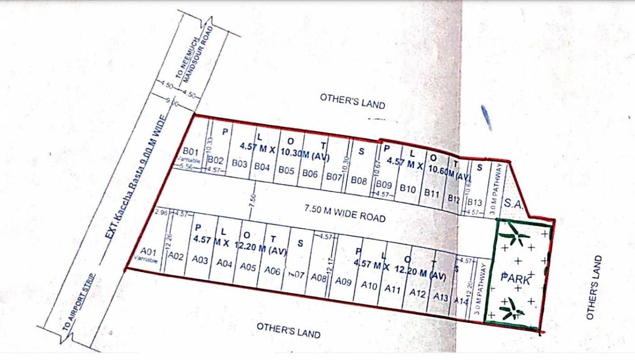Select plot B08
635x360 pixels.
[359, 181]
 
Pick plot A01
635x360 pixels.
[149, 252]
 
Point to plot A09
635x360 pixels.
[343, 282]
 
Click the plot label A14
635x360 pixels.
[461, 301]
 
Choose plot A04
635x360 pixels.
[224, 263]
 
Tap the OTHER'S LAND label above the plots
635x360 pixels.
[352, 101]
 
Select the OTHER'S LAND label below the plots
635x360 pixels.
[289, 330]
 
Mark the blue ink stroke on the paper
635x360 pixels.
[486, 117]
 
